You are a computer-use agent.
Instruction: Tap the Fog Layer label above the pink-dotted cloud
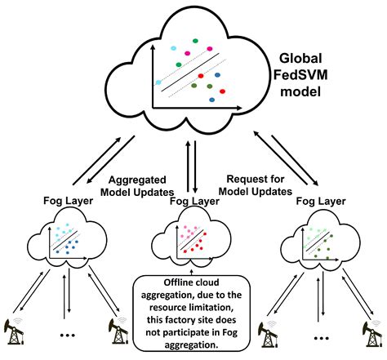click(x=193, y=201)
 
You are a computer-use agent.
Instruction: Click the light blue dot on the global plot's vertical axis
click(x=158, y=82)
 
